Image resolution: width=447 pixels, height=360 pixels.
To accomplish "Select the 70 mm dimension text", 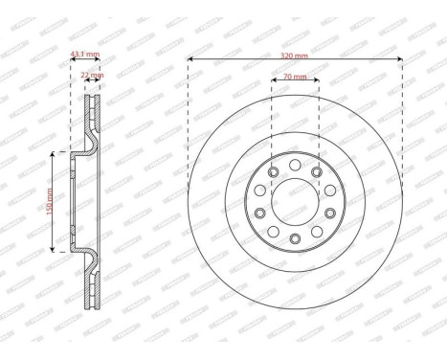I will point(295,77).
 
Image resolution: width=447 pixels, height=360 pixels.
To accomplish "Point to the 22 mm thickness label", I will point(94,74).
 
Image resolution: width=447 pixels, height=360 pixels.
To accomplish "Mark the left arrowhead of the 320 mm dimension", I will point(190,59).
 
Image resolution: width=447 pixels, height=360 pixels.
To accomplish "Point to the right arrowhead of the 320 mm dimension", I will point(399,59).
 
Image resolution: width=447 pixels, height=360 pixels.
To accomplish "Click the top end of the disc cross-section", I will point(94,95).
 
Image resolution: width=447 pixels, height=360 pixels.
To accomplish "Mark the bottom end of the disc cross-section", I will point(94,307).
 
